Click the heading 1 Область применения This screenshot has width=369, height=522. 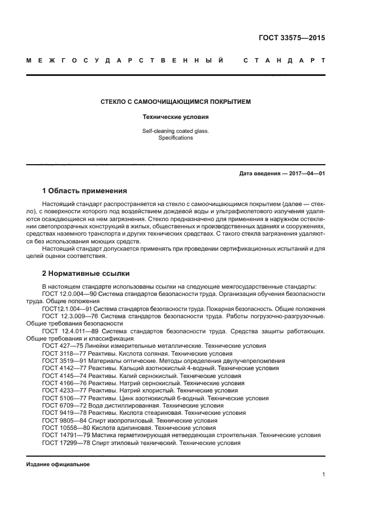tap(84, 190)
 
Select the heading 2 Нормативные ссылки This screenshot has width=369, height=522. tap(86, 274)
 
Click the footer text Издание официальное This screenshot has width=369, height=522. tap(58, 464)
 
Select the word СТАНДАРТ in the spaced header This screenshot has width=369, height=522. tap(284, 60)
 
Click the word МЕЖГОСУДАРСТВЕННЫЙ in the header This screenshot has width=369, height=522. tap(126, 60)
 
